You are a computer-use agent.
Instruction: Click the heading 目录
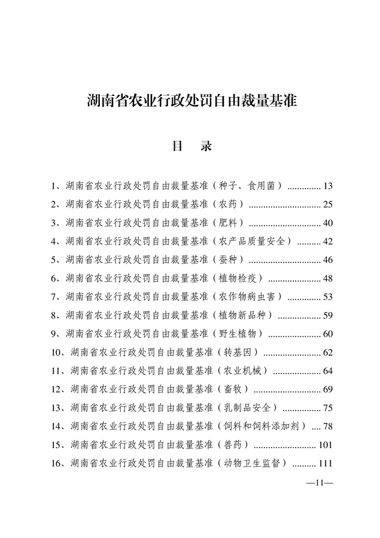click(192, 146)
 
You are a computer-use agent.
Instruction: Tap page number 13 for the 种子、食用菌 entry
click(327, 186)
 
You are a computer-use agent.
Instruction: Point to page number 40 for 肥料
click(327, 223)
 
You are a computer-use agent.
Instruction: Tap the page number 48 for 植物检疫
click(327, 279)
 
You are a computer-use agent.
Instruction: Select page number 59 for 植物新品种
click(327, 315)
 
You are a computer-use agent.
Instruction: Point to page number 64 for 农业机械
click(327, 371)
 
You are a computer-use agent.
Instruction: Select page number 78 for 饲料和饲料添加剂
click(327, 427)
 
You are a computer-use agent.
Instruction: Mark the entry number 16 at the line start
click(57, 463)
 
